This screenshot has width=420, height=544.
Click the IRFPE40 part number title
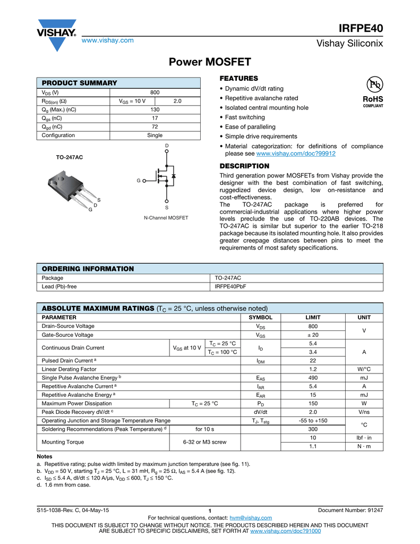[x=361, y=28]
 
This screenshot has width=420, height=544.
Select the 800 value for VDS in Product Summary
[x=155, y=92]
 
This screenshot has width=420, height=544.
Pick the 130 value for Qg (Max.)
[x=155, y=109]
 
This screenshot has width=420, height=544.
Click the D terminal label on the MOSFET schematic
[x=167, y=146]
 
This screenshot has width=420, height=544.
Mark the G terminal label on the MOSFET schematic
[x=138, y=181]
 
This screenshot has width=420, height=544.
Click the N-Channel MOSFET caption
[x=166, y=218]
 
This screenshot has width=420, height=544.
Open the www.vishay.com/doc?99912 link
[x=296, y=154]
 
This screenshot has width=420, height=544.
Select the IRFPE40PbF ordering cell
[x=230, y=286]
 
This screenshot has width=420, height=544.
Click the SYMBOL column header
[x=261, y=317]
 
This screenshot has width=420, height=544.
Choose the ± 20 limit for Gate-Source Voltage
[x=313, y=335]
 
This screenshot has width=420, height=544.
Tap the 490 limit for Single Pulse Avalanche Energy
[x=313, y=378]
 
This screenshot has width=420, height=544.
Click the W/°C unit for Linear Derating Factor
[x=364, y=369]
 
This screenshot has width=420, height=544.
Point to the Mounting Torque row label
[x=63, y=441]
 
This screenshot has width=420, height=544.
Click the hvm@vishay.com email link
[x=251, y=517]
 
